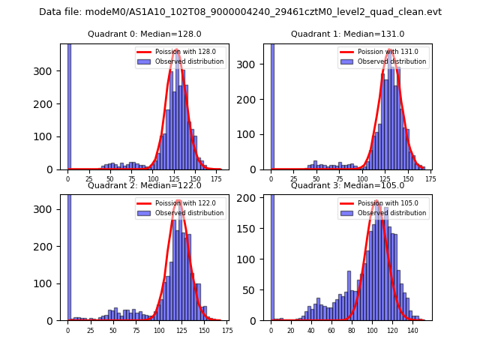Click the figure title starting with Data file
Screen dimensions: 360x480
click(x=240, y=12)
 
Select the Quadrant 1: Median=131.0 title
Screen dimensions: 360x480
click(x=347, y=34)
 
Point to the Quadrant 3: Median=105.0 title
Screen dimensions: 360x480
click(x=347, y=185)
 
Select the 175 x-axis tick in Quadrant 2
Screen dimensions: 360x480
click(x=226, y=330)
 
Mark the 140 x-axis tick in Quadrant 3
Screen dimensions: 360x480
click(x=412, y=330)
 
